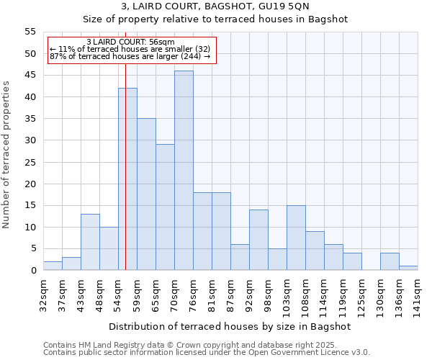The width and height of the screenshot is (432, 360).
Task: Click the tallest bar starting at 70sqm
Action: tap(184, 171)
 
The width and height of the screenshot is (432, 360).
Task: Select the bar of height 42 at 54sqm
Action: tap(127, 179)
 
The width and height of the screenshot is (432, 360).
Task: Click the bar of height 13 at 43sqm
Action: tap(90, 242)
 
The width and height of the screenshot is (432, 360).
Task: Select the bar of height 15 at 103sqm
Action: tap(296, 238)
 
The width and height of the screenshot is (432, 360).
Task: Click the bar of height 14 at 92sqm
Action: tap(258, 240)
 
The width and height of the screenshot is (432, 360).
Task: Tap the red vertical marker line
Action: tap(125, 166)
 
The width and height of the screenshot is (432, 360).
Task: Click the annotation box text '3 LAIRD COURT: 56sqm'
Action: tap(130, 42)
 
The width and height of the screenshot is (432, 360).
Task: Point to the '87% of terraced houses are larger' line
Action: tap(130, 57)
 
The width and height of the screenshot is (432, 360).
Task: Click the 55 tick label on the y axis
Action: tap(30, 32)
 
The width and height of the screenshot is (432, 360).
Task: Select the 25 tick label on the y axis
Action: tap(30, 162)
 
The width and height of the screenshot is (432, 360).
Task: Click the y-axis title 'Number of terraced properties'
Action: tap(7, 154)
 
